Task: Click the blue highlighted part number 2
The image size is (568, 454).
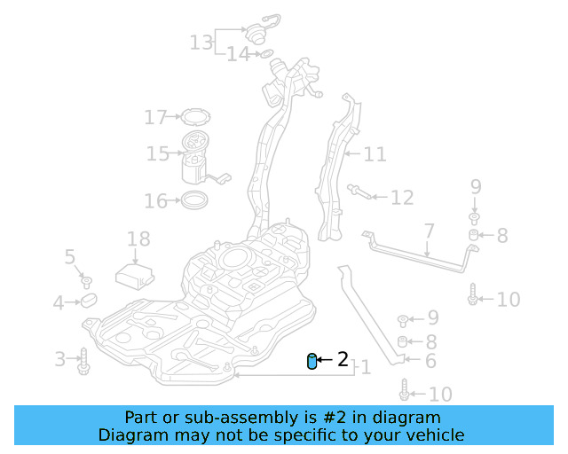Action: pyautogui.click(x=312, y=361)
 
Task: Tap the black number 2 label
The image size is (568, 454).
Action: pyautogui.click(x=343, y=359)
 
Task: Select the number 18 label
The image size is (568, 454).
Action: pyautogui.click(x=138, y=239)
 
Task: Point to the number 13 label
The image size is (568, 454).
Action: pyautogui.click(x=201, y=41)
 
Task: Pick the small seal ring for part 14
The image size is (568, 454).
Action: pyautogui.click(x=264, y=55)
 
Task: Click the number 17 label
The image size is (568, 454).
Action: pyautogui.click(x=155, y=117)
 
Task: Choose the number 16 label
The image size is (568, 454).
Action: pyautogui.click(x=155, y=201)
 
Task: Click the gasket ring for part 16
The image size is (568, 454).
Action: pyautogui.click(x=196, y=200)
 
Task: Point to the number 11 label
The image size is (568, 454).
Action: pyautogui.click(x=375, y=154)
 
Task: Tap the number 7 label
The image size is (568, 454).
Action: pyautogui.click(x=429, y=232)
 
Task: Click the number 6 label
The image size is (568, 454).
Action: pyautogui.click(x=430, y=361)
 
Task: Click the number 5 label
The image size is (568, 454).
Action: pyautogui.click(x=70, y=257)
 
